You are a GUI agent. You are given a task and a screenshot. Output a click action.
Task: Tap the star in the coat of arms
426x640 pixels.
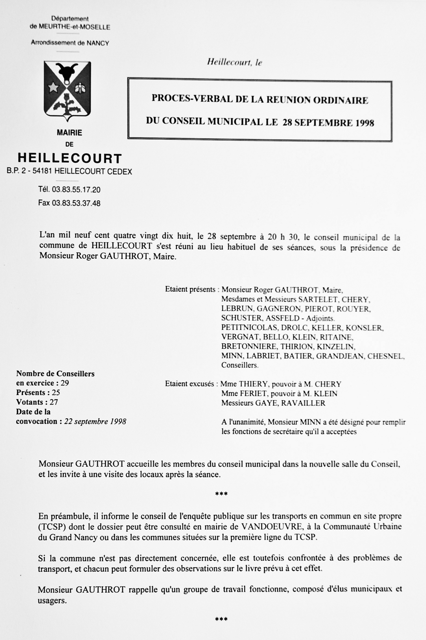click(54, 88)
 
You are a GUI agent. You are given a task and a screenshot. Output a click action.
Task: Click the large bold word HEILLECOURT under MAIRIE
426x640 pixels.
click(69, 158)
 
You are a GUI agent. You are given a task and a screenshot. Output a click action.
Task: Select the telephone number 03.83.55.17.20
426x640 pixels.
click(76, 189)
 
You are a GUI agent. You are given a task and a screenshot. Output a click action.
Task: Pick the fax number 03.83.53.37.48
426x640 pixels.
click(76, 203)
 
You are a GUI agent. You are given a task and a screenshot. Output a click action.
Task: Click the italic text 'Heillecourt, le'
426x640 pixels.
click(234, 63)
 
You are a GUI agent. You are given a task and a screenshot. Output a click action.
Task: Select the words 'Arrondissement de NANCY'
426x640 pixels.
click(70, 43)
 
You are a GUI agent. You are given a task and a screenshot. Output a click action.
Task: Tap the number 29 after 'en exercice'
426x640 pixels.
click(65, 383)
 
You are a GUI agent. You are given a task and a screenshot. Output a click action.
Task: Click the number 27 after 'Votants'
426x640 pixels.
click(54, 402)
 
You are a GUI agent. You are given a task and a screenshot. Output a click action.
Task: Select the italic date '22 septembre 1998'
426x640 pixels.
click(95, 421)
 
